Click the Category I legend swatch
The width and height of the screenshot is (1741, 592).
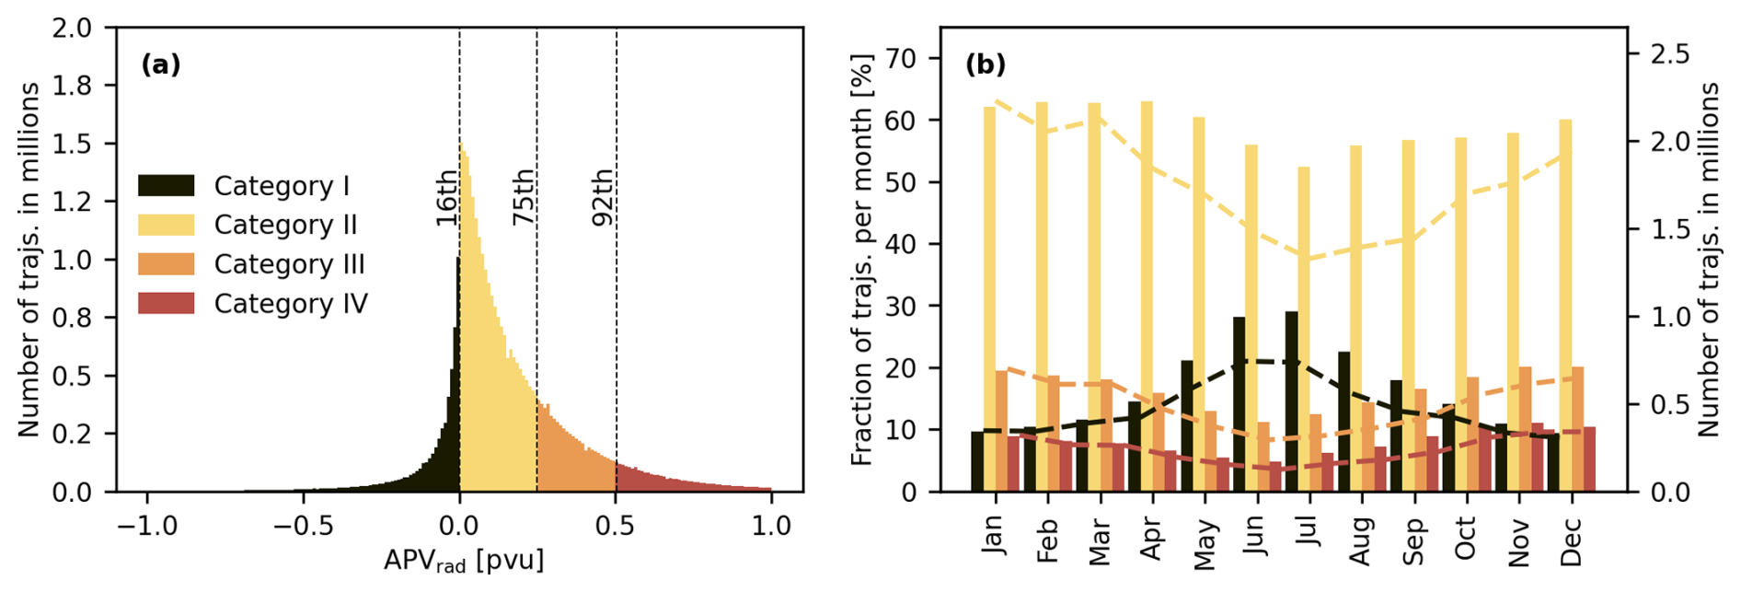tap(167, 185)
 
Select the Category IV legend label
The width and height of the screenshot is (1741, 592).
tap(291, 304)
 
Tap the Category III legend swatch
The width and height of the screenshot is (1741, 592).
tap(167, 264)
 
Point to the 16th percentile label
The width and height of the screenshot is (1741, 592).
tap(446, 197)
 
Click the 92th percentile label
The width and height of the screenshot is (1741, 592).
tap(603, 197)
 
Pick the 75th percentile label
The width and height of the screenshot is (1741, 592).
tap(524, 197)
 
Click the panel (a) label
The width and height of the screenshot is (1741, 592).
tap(161, 64)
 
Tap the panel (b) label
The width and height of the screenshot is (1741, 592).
tap(986, 64)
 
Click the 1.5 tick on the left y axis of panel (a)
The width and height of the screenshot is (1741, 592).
tap(72, 144)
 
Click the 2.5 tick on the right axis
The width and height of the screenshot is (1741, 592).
tap(1669, 54)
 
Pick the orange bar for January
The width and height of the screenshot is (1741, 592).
tap(1001, 431)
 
